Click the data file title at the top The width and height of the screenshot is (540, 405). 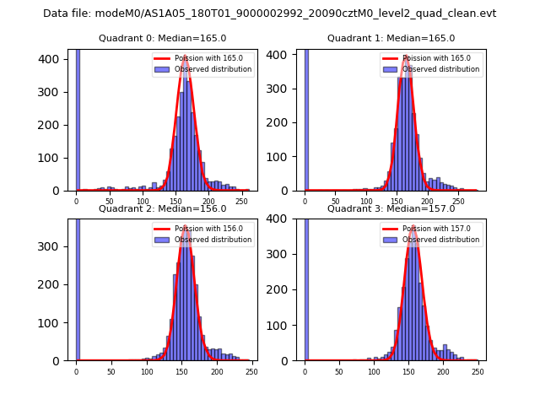coord(269,13)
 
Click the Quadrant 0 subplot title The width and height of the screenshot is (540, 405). coord(162,38)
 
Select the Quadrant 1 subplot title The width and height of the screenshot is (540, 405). coord(391,38)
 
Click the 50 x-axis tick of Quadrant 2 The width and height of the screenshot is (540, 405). coord(111,372)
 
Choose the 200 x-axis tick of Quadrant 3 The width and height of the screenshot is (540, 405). coord(443,372)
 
